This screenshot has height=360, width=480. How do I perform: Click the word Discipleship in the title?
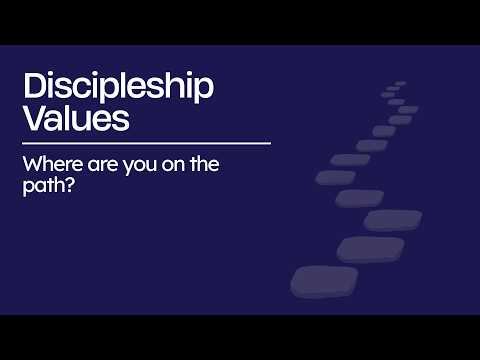pos(118,87)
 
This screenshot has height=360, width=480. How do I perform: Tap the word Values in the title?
pos(76,117)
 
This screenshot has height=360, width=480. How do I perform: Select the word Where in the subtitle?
pos(53,164)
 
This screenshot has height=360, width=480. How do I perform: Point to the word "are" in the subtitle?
pos(103,166)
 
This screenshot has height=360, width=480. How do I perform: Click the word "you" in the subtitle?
pos(140,167)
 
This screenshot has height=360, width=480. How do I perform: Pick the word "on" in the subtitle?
pos(173,166)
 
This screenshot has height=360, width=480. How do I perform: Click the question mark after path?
pos(68,185)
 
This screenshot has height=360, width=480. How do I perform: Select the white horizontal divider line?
pos(147,144)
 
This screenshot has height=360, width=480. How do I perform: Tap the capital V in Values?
pos(36,118)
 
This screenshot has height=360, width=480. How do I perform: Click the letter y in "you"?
pos(129,168)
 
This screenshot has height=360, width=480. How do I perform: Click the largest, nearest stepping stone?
pos(324,282)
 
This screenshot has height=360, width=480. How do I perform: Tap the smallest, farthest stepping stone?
pos(400,83)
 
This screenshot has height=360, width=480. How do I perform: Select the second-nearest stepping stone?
pos(371,250)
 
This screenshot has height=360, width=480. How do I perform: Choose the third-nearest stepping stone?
pos(393,220)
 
